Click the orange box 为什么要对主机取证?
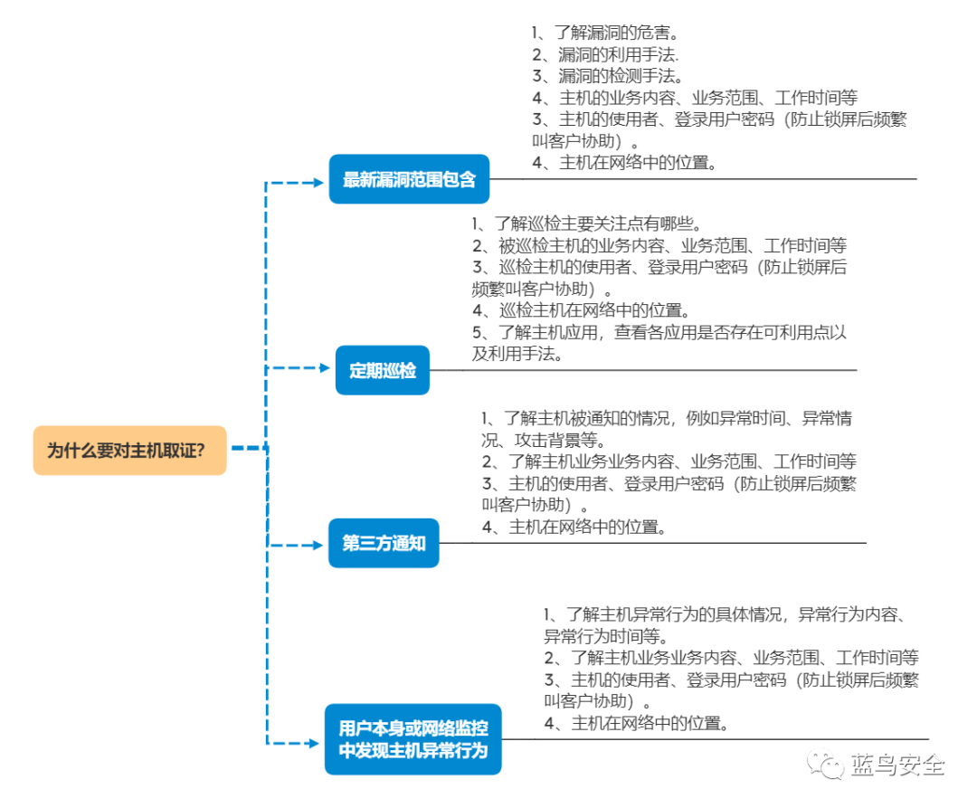129,451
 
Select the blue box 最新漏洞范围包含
409,179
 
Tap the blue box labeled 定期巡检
383,371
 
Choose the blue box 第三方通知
384,543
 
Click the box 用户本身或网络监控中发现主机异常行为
413,739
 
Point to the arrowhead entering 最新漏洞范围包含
318,183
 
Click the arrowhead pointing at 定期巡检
324,367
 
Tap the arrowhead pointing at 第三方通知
318,545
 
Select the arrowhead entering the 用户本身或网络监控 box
314,743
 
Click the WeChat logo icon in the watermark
825,764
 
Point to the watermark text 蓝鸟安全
898,765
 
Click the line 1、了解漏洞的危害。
605,33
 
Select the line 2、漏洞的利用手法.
605,54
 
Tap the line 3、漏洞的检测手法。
608,76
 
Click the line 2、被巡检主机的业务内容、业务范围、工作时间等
659,245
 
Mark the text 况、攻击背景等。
544,441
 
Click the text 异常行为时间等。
606,637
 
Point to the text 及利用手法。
517,354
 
